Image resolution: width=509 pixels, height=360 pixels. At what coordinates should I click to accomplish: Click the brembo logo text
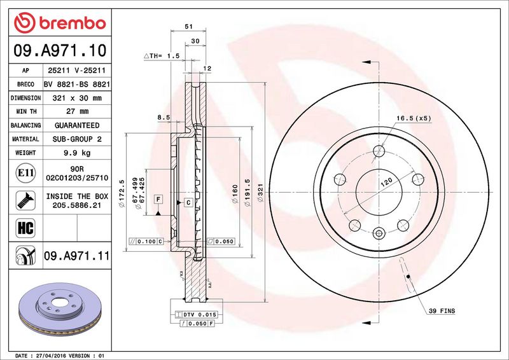pyautogui.click(x=73, y=24)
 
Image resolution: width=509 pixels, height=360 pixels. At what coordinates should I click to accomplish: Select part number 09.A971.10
pyautogui.click(x=60, y=50)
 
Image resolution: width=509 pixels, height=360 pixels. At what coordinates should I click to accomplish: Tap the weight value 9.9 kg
pyautogui.click(x=77, y=153)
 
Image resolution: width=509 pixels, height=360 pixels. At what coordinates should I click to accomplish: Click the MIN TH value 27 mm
pyautogui.click(x=77, y=111)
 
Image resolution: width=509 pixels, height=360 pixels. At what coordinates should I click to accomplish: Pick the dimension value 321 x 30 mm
pyautogui.click(x=77, y=98)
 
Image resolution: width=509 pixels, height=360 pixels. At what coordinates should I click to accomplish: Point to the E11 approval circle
pyautogui.click(x=25, y=173)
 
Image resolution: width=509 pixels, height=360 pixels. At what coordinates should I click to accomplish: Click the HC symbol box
pyautogui.click(x=25, y=228)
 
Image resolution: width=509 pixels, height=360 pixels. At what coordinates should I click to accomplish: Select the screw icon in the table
pyautogui.click(x=25, y=200)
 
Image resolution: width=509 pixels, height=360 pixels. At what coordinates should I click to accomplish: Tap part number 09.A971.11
pyautogui.click(x=76, y=256)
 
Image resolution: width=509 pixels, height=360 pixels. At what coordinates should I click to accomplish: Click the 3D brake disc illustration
pyautogui.click(x=60, y=308)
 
